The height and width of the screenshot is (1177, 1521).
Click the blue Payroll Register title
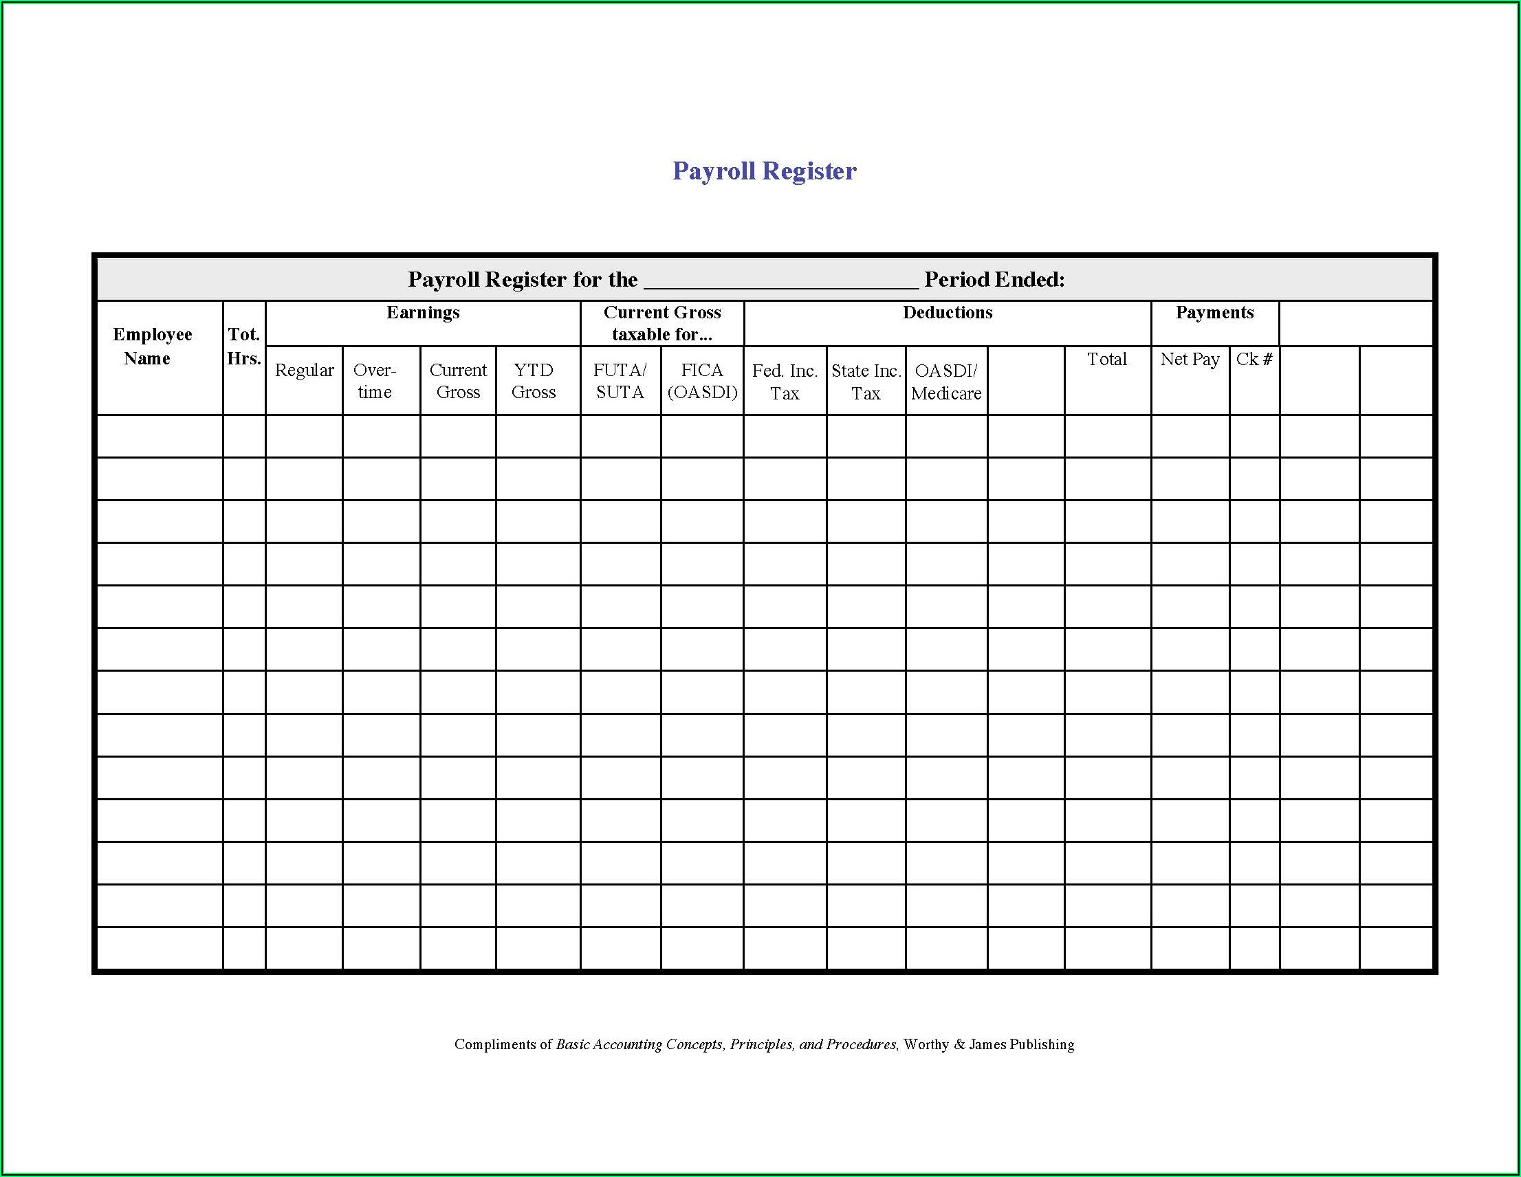click(x=764, y=170)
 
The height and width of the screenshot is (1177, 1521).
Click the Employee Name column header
click(x=152, y=346)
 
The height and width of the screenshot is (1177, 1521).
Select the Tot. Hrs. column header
click(x=243, y=346)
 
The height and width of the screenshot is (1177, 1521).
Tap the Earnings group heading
click(x=423, y=313)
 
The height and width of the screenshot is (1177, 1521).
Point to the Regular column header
click(x=305, y=371)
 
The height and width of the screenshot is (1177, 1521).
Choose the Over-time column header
click(x=375, y=381)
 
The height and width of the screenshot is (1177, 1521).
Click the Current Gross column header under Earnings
click(x=458, y=381)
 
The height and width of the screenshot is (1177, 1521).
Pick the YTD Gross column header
click(x=534, y=381)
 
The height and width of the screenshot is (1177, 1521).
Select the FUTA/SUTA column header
click(x=620, y=381)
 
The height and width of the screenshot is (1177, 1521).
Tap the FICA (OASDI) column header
click(x=702, y=381)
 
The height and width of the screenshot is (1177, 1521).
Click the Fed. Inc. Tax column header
click(x=785, y=382)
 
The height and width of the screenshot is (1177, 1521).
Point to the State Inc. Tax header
click(x=866, y=382)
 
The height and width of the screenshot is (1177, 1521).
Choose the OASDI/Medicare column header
click(x=946, y=382)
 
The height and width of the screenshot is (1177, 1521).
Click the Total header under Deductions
click(x=1106, y=360)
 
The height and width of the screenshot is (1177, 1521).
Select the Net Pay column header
click(x=1190, y=360)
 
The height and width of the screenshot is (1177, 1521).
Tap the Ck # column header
click(x=1254, y=360)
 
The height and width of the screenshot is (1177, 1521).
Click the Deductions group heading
click(x=947, y=313)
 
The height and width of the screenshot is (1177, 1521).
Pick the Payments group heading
click(x=1214, y=313)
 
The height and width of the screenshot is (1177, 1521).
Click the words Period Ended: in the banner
click(x=994, y=280)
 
